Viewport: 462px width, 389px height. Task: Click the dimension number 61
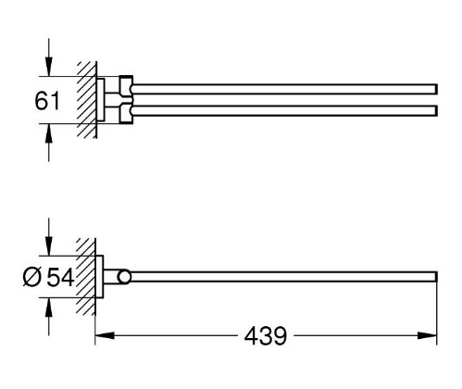coord(46,101)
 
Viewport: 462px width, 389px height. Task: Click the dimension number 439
coord(266,336)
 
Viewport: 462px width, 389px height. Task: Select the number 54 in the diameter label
coord(60,277)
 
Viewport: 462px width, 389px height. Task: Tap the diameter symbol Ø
coord(31,277)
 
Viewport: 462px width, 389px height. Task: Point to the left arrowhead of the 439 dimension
coord(105,335)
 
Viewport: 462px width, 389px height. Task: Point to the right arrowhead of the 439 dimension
coord(428,335)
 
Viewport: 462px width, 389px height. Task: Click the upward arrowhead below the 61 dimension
coord(48,133)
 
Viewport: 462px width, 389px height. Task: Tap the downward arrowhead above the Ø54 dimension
coord(48,246)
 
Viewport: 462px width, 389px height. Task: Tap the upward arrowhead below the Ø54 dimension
coord(48,307)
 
